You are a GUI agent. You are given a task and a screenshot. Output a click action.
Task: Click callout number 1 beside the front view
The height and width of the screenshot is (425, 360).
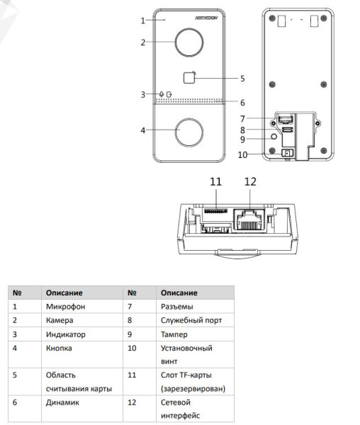(143, 20)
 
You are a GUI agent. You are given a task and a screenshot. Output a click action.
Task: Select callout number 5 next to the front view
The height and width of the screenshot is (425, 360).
(242, 79)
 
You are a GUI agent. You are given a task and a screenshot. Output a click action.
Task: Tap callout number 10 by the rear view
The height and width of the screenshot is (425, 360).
(243, 155)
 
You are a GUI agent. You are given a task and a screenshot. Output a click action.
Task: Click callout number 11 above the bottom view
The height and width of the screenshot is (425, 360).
(215, 182)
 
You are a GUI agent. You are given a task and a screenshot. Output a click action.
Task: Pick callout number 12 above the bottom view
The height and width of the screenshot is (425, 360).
(249, 182)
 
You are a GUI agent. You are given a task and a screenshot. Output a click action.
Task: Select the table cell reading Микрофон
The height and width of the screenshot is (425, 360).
(64, 306)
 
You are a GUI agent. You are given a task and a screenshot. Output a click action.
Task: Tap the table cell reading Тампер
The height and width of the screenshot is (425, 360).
(174, 335)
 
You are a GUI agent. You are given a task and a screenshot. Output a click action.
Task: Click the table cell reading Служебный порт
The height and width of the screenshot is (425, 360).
(191, 320)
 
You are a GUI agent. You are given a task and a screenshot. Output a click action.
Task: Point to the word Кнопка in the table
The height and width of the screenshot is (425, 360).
(59, 349)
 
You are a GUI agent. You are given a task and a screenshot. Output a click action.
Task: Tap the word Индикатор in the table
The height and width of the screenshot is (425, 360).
(65, 335)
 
